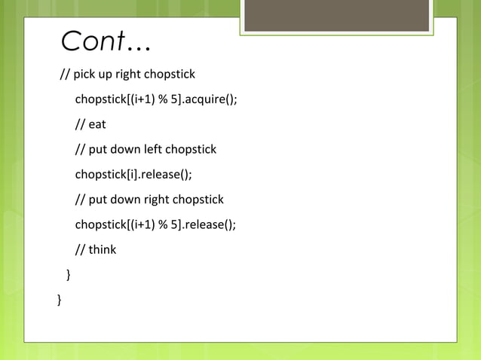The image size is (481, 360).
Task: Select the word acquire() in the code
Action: (x=213, y=99)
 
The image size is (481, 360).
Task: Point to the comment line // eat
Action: (x=90, y=124)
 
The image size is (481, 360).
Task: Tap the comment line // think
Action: (x=96, y=249)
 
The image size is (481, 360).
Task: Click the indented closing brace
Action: (x=69, y=274)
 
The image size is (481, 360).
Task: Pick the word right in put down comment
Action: (x=156, y=200)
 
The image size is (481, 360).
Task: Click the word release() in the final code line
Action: (x=213, y=224)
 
